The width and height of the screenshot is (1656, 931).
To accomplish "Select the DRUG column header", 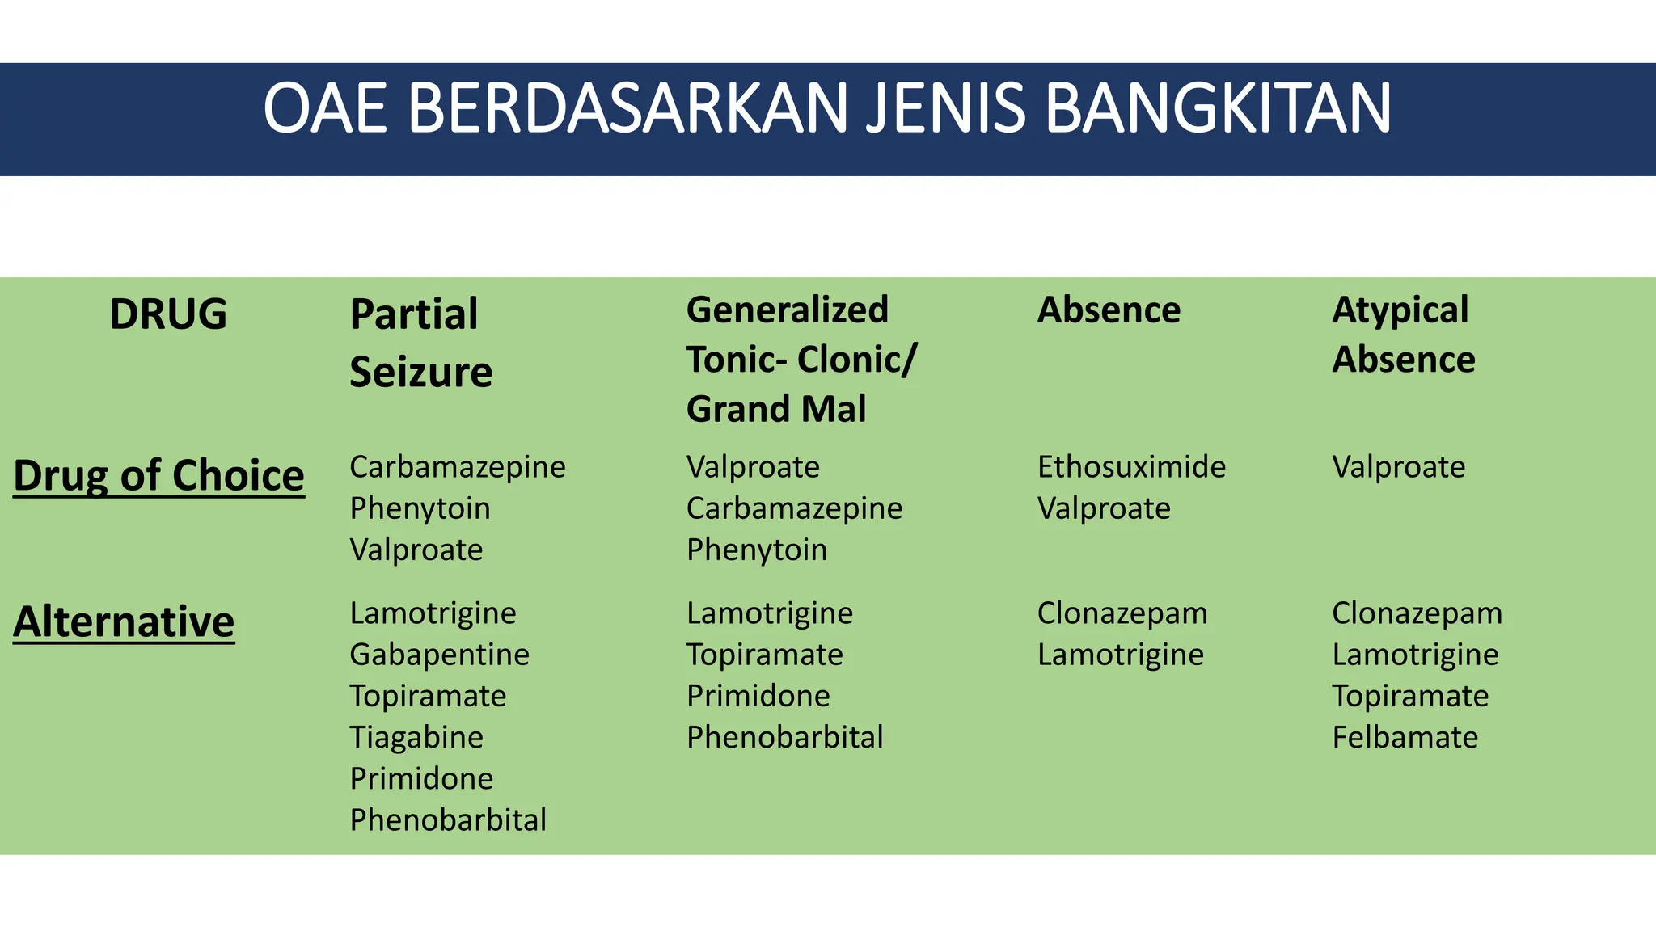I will (168, 314).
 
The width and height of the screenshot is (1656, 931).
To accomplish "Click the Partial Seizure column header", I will (420, 343).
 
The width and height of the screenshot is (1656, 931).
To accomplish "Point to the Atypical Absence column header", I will (1403, 335).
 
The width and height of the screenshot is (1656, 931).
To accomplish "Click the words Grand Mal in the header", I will (776, 409).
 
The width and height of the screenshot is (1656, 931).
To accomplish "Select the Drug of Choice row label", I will (158, 475).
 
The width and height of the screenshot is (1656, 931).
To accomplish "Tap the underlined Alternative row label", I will (124, 621).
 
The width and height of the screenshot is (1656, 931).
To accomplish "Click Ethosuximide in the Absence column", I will (1131, 467).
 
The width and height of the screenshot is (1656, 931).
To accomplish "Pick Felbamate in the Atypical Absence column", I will (1405, 737).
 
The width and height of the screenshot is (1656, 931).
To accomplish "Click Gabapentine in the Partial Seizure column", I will (439, 655).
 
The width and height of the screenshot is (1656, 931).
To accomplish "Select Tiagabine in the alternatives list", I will (416, 737).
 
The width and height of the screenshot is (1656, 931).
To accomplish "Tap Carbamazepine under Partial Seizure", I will (458, 467).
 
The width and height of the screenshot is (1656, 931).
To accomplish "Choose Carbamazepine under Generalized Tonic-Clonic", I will (794, 508).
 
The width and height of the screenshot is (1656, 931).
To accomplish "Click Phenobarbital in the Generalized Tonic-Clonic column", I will (784, 737).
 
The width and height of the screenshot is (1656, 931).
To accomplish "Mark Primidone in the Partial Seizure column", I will (421, 778).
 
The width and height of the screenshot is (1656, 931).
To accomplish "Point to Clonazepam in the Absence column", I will (1122, 613).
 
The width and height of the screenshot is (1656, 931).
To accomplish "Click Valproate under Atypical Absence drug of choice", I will (1398, 467).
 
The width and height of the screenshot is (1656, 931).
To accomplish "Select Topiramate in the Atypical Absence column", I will (1410, 696).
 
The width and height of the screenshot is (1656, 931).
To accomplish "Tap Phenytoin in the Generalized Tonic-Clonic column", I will (757, 550).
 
